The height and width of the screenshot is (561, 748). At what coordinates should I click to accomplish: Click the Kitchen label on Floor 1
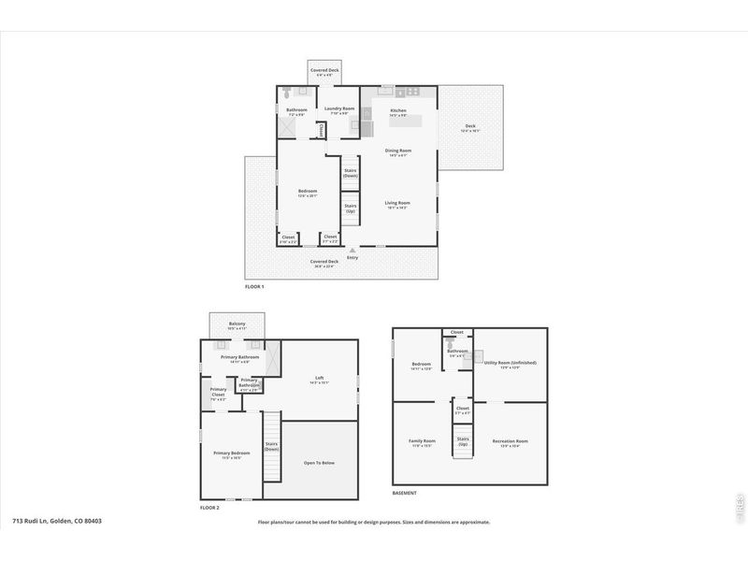click(398, 110)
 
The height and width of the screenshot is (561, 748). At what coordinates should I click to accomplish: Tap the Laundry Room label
click(339, 108)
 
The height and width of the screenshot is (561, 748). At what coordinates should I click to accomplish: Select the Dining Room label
click(398, 150)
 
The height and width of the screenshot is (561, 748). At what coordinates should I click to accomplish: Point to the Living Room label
click(398, 202)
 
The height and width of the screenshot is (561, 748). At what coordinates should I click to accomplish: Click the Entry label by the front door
click(352, 257)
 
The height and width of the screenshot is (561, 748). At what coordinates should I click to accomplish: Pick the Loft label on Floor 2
click(319, 378)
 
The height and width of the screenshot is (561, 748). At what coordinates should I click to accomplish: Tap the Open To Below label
click(319, 462)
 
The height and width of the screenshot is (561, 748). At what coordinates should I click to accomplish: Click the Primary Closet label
click(218, 392)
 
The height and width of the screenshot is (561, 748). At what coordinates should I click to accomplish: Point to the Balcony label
click(237, 324)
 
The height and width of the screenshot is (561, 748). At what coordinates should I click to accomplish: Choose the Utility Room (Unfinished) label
click(510, 362)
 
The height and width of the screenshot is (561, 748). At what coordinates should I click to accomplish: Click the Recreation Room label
click(510, 440)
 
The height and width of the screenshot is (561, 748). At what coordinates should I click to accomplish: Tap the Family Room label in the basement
click(422, 440)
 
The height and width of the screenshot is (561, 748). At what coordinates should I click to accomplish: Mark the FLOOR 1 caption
click(254, 286)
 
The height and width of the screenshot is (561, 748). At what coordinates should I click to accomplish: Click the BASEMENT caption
click(405, 493)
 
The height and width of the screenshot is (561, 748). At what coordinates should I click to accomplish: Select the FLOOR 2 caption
click(209, 507)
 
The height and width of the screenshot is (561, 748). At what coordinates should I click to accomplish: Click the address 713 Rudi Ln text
click(56, 521)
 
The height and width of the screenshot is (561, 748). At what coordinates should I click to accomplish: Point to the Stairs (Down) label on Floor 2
click(271, 446)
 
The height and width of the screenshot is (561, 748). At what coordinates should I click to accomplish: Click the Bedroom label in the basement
click(421, 364)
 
